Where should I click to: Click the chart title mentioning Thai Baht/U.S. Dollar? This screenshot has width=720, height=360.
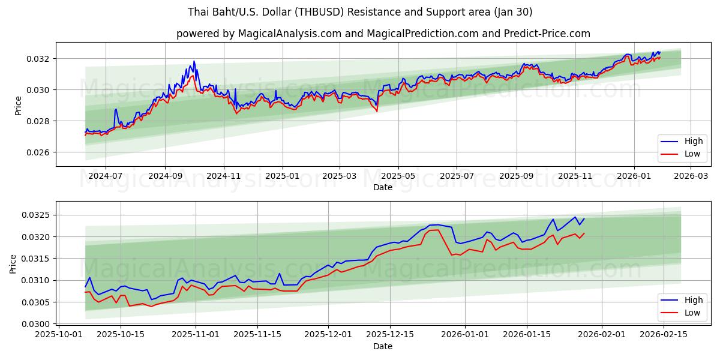(360, 12)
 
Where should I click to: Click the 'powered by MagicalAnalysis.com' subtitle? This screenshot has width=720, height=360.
(383, 34)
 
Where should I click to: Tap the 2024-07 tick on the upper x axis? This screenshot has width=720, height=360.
(106, 176)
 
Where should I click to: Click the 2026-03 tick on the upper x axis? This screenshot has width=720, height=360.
(691, 176)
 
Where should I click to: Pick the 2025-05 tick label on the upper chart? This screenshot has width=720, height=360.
(398, 176)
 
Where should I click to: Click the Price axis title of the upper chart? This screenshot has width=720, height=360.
(17, 105)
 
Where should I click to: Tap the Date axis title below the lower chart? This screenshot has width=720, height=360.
(383, 346)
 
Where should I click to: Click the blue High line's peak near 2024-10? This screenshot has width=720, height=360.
(194, 61)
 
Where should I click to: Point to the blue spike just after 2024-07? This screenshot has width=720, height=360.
(116, 109)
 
